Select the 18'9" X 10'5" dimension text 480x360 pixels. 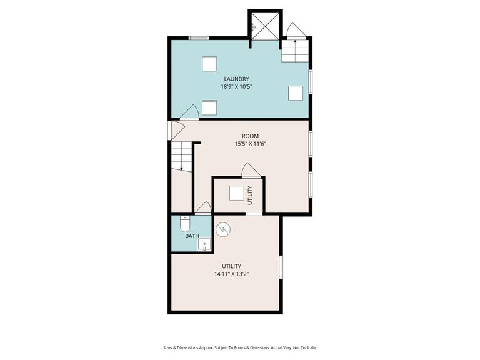(x=236, y=87)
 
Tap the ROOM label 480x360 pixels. (x=251, y=136)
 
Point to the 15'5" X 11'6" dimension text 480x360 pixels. (x=251, y=144)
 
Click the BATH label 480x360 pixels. (x=192, y=236)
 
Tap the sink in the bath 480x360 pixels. (x=204, y=245)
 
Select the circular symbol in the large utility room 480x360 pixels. (x=223, y=229)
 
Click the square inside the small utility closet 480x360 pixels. (x=236, y=194)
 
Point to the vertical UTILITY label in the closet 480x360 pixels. (x=251, y=196)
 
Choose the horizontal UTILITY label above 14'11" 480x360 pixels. (x=231, y=266)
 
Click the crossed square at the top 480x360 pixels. (x=265, y=24)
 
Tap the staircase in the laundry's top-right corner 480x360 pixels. (x=295, y=50)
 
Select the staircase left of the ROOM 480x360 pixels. (x=181, y=156)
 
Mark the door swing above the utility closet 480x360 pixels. (x=250, y=170)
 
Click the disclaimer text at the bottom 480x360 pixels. (x=240, y=347)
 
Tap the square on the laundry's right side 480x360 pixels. (x=296, y=93)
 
